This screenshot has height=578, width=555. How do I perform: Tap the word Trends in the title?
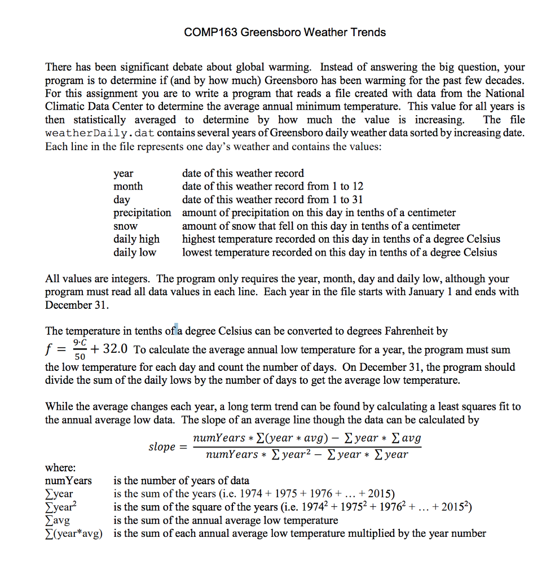click(x=368, y=32)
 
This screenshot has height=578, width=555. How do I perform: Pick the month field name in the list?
click(x=128, y=186)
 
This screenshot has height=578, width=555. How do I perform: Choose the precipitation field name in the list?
click(x=142, y=213)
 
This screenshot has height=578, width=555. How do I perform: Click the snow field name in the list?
click(x=125, y=226)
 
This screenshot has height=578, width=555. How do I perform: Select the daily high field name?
click(x=136, y=239)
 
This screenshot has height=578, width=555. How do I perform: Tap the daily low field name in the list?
click(x=135, y=252)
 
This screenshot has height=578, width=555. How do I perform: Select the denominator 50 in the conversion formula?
click(x=80, y=357)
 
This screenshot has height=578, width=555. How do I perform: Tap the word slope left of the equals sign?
click(x=162, y=446)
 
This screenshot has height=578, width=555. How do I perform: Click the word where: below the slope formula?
click(x=60, y=468)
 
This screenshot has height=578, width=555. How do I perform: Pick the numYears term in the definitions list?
click(x=68, y=481)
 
